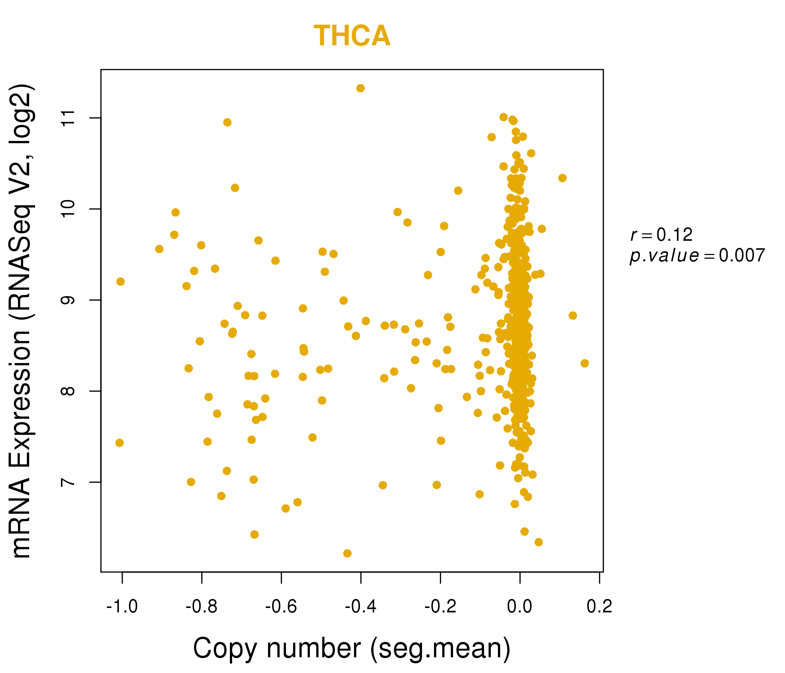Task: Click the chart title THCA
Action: point(352,36)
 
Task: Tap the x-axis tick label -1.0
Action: point(122,607)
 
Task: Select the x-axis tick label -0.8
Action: point(201,607)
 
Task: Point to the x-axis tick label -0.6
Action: point(281,607)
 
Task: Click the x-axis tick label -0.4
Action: point(360,607)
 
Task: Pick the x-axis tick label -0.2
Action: point(440,607)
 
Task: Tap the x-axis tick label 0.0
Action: point(520,607)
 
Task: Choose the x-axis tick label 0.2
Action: point(599,607)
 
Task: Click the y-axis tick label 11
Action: point(68,118)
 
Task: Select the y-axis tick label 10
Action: point(68,209)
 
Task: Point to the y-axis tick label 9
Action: point(68,300)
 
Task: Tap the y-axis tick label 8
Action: point(68,391)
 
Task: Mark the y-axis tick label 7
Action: point(68,482)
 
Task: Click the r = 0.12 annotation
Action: point(662,235)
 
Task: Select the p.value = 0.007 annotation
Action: point(697,256)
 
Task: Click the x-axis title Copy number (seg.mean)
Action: point(352,648)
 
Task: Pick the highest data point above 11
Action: point(360,88)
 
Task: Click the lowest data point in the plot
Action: point(347,553)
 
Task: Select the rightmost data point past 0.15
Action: point(585,363)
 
